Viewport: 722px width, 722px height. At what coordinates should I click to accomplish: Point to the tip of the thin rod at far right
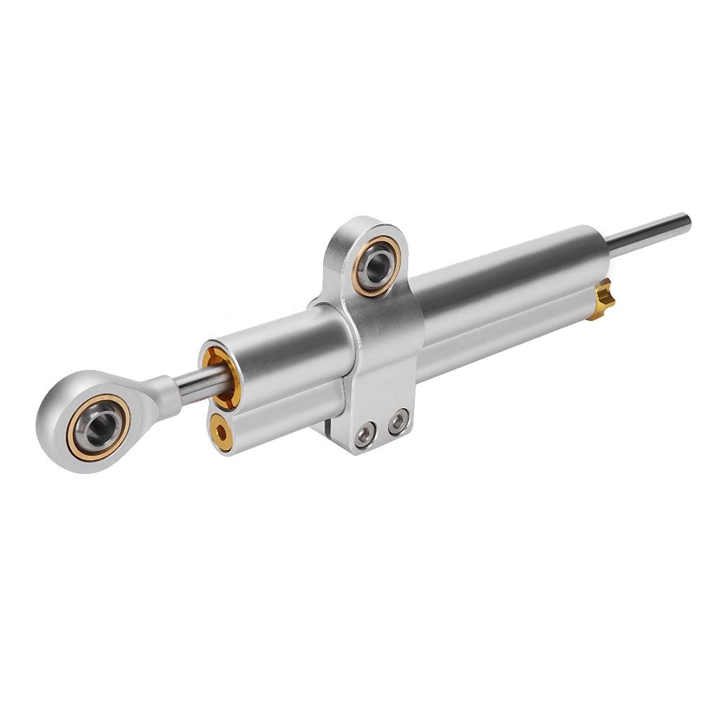pyautogui.click(x=687, y=220)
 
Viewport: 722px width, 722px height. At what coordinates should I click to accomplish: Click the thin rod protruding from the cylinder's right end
pyautogui.click(x=649, y=234)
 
